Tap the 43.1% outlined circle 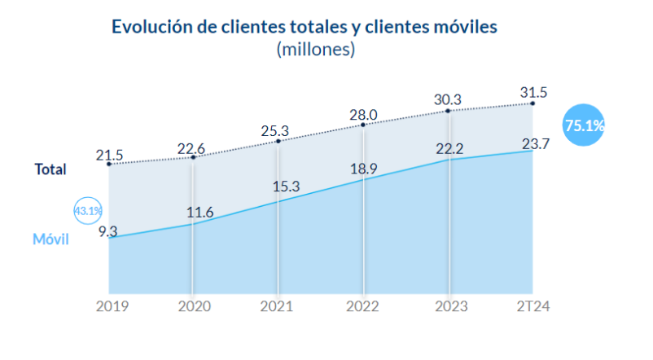[88, 212]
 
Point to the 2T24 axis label [534, 306]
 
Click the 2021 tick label [278, 306]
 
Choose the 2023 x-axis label [449, 306]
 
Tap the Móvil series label [50, 239]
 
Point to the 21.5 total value [110, 153]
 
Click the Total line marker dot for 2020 [193, 156]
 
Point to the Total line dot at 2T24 [533, 103]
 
